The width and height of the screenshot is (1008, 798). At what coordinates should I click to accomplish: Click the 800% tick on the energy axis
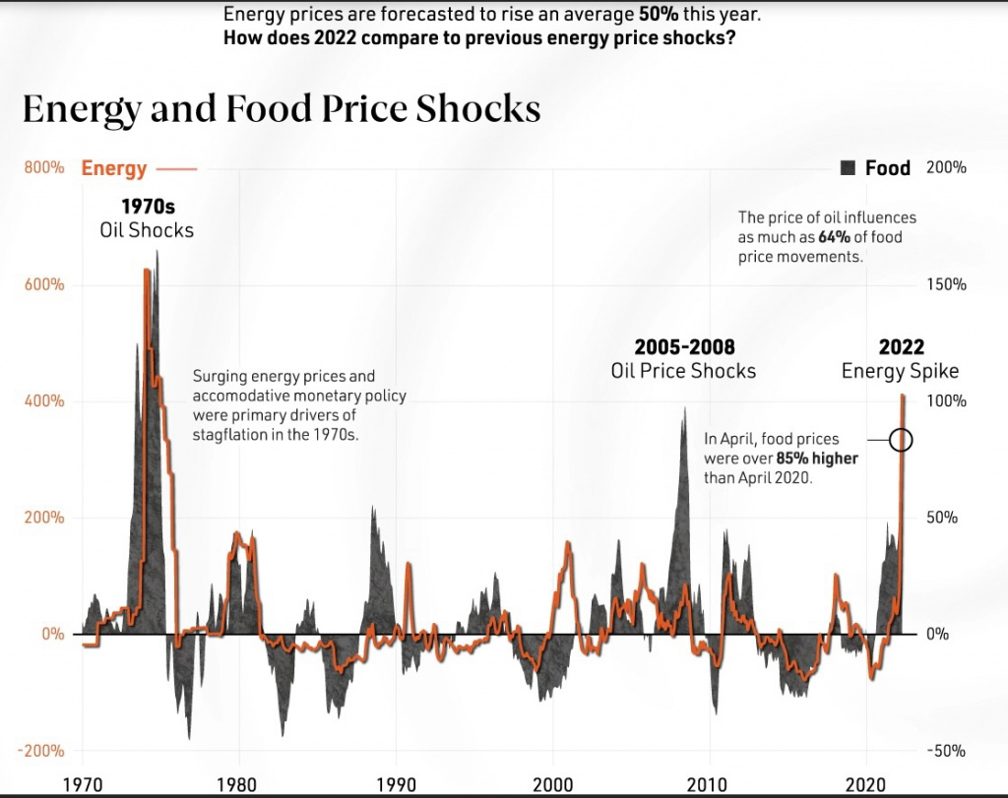pyautogui.click(x=44, y=167)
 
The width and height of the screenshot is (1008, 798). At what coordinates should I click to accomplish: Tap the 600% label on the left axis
pyautogui.click(x=44, y=284)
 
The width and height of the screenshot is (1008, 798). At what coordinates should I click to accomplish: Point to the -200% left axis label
pyautogui.click(x=40, y=751)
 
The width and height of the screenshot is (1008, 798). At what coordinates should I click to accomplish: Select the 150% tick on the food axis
pyautogui.click(x=946, y=284)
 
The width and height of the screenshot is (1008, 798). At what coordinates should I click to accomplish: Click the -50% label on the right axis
pyautogui.click(x=946, y=751)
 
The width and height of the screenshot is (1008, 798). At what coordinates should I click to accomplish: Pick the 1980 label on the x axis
pyautogui.click(x=237, y=784)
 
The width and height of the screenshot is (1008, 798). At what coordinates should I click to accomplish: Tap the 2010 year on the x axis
pyautogui.click(x=708, y=784)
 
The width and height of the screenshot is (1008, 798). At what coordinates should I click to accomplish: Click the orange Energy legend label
pyautogui.click(x=114, y=168)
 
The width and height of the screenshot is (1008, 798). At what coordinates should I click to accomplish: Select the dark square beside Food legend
pyautogui.click(x=848, y=168)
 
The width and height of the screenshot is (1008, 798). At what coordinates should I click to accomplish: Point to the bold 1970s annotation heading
pyautogui.click(x=148, y=207)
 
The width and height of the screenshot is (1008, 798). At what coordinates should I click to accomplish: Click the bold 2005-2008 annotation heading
pyautogui.click(x=684, y=347)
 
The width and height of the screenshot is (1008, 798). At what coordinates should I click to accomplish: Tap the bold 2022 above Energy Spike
pyautogui.click(x=902, y=347)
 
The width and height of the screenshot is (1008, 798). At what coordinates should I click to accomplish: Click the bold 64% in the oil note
pyautogui.click(x=835, y=237)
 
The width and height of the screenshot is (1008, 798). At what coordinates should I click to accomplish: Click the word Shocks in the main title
pyautogui.click(x=477, y=108)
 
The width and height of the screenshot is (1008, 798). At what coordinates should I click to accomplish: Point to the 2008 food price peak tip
pyautogui.click(x=685, y=407)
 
